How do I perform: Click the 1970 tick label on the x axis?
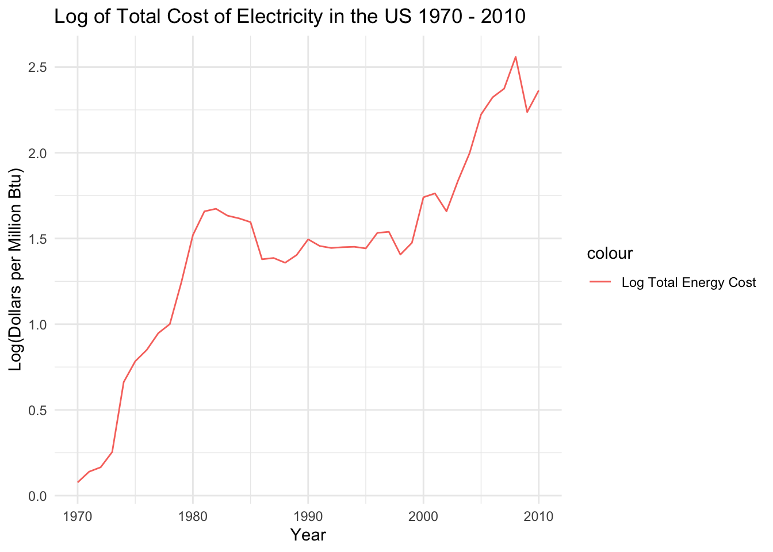(x=78, y=516)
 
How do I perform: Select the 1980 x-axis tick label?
(x=193, y=516)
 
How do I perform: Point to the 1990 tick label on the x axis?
(x=308, y=516)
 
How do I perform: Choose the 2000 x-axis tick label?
(x=423, y=516)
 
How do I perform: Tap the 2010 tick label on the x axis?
(x=539, y=516)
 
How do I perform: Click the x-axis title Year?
(x=308, y=535)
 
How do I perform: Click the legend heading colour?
(x=610, y=253)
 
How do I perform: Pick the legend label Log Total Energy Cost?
(x=688, y=282)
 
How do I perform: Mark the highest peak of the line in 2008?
(x=515, y=56)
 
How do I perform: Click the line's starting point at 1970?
(x=78, y=482)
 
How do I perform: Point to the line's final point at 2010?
(x=539, y=90)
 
